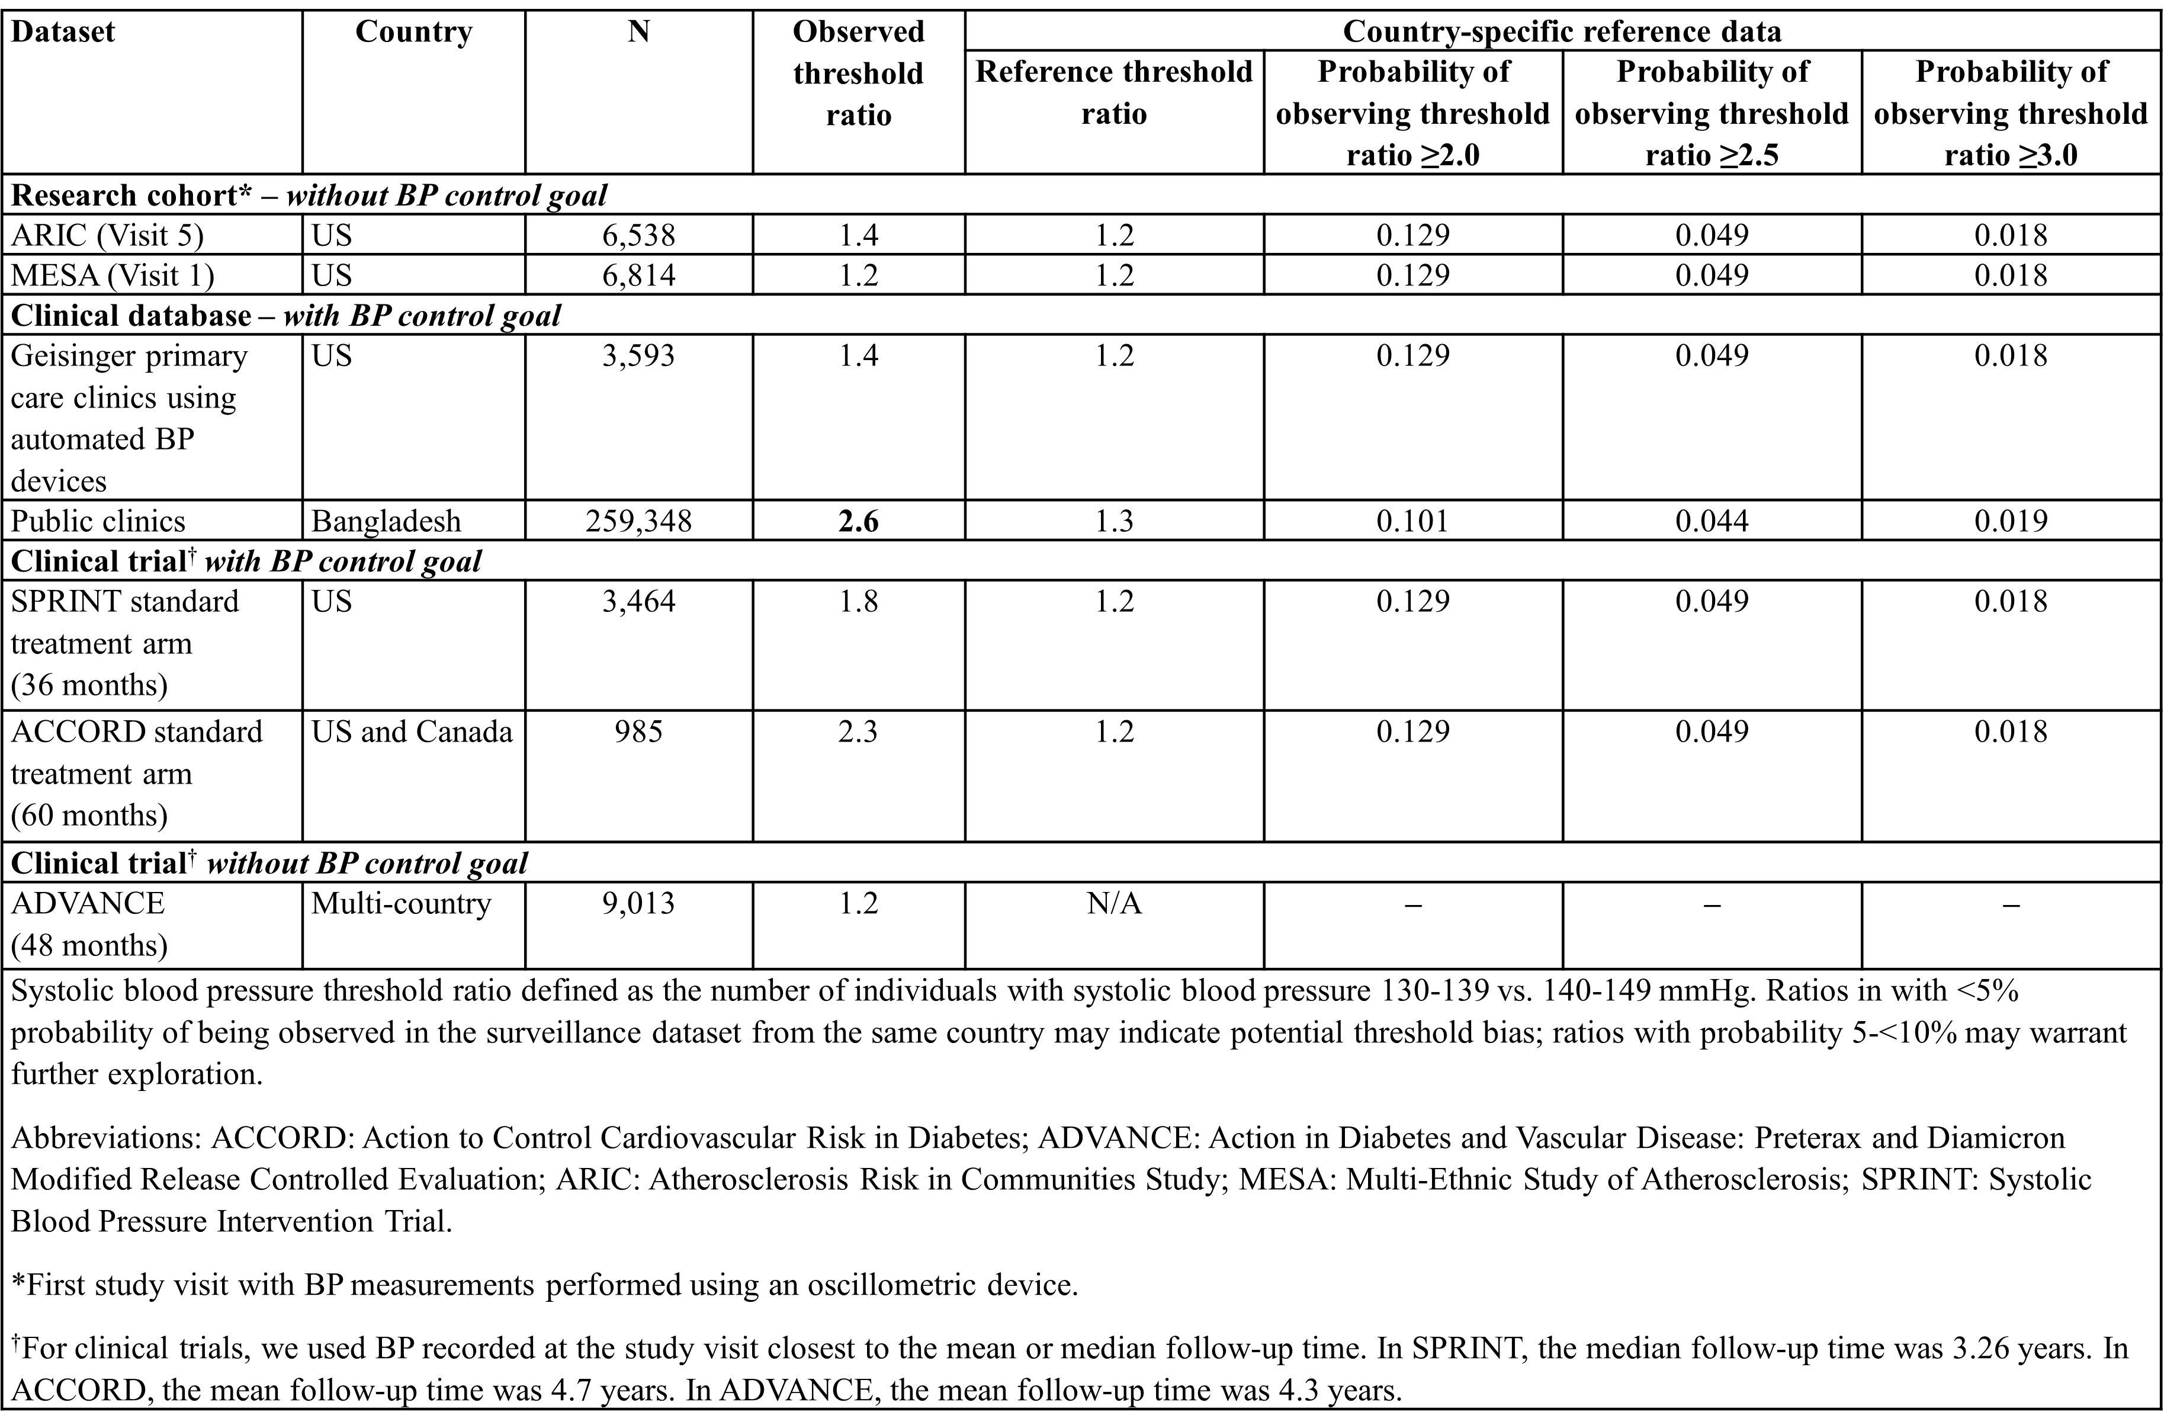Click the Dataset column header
coord(63,32)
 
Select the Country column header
coord(413,32)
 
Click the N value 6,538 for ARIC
coord(638,236)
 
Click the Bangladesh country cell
coord(386,521)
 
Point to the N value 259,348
coord(638,521)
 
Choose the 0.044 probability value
coord(1712,521)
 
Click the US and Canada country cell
coord(412,732)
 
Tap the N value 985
coord(638,732)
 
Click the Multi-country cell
coord(402,903)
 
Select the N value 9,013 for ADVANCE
coord(638,903)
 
